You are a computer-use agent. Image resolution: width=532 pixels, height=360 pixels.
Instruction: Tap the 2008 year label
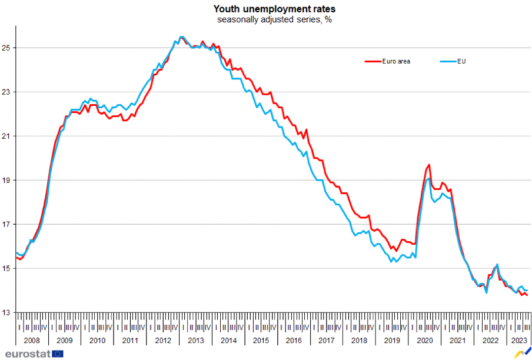pyautogui.click(x=31, y=340)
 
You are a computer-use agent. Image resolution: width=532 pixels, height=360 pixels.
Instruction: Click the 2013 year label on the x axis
pyautogui.click(x=196, y=340)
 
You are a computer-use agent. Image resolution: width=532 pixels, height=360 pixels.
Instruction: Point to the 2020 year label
pyautogui.click(x=424, y=340)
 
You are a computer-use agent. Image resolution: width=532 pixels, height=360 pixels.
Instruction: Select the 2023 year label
pyautogui.click(x=518, y=340)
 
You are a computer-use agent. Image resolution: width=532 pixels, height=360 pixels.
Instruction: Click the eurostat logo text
pyautogui.click(x=26, y=353)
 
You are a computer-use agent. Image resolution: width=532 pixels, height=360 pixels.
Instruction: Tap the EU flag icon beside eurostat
pyautogui.click(x=58, y=353)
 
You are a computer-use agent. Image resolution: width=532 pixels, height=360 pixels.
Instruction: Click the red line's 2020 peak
pyautogui.click(x=429, y=165)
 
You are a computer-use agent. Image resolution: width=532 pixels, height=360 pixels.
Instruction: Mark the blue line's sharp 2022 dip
pyautogui.click(x=486, y=292)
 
